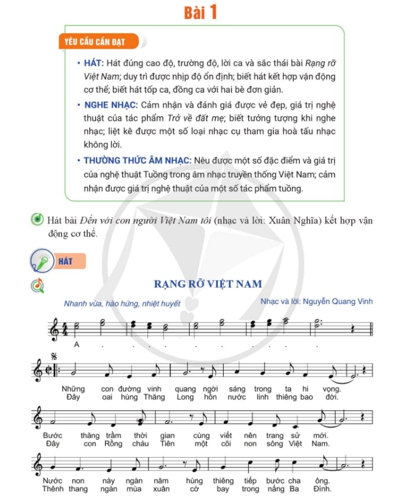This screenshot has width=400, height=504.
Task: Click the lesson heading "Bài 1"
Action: click(200, 12)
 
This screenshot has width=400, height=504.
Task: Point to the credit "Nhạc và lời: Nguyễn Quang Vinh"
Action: click(316, 301)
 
